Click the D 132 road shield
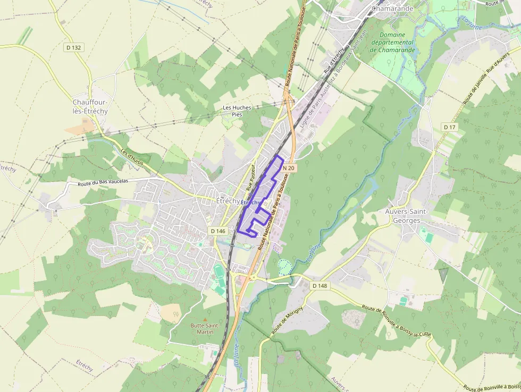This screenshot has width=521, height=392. click(x=74, y=48)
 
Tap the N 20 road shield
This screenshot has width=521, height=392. click(x=289, y=168)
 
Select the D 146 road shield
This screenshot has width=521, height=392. click(x=218, y=231)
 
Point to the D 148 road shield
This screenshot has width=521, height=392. click(x=320, y=286)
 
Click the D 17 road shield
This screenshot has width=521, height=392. click(x=450, y=127)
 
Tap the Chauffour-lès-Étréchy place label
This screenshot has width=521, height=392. click(x=90, y=106)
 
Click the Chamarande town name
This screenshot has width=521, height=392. click(x=393, y=9)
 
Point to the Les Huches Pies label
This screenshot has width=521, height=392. click(x=237, y=111)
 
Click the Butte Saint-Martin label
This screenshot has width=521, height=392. click(x=202, y=329)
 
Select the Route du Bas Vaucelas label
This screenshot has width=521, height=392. click(x=103, y=182)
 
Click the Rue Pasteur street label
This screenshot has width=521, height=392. click(x=251, y=177)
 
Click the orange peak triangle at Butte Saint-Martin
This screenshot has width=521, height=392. click(x=206, y=319)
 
